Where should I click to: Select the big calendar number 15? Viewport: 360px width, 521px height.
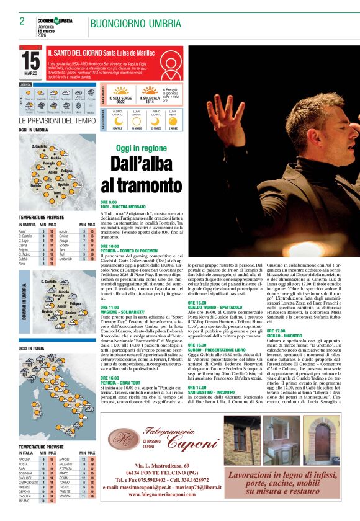tap(30, 61)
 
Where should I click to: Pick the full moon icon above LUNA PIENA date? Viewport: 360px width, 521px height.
tap(173, 123)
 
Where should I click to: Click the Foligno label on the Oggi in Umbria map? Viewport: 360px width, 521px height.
tap(67, 171)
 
